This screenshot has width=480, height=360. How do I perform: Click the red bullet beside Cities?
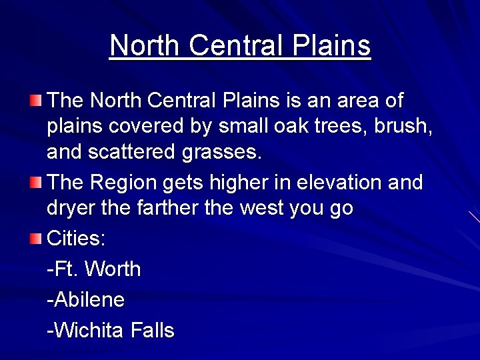[35, 239]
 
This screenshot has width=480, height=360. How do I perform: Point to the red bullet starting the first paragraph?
[35, 101]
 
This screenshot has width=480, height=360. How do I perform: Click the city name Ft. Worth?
[94, 269]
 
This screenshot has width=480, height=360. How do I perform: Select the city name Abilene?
[86, 299]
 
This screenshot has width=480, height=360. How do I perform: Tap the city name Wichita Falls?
[111, 330]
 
